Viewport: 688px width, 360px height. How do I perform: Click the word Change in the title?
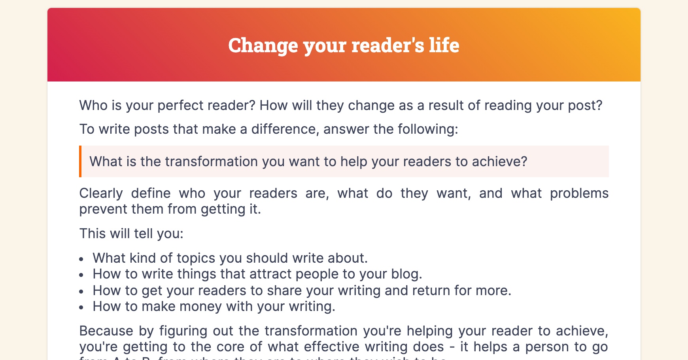point(263,45)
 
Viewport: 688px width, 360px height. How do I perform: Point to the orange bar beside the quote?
point(80,161)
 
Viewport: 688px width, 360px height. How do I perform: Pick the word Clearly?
point(101,193)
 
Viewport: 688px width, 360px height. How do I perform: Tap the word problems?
point(579,193)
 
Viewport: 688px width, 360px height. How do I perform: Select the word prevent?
point(103,209)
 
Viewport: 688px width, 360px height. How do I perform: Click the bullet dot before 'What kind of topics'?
point(81,259)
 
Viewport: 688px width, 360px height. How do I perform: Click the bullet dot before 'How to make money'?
point(81,307)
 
